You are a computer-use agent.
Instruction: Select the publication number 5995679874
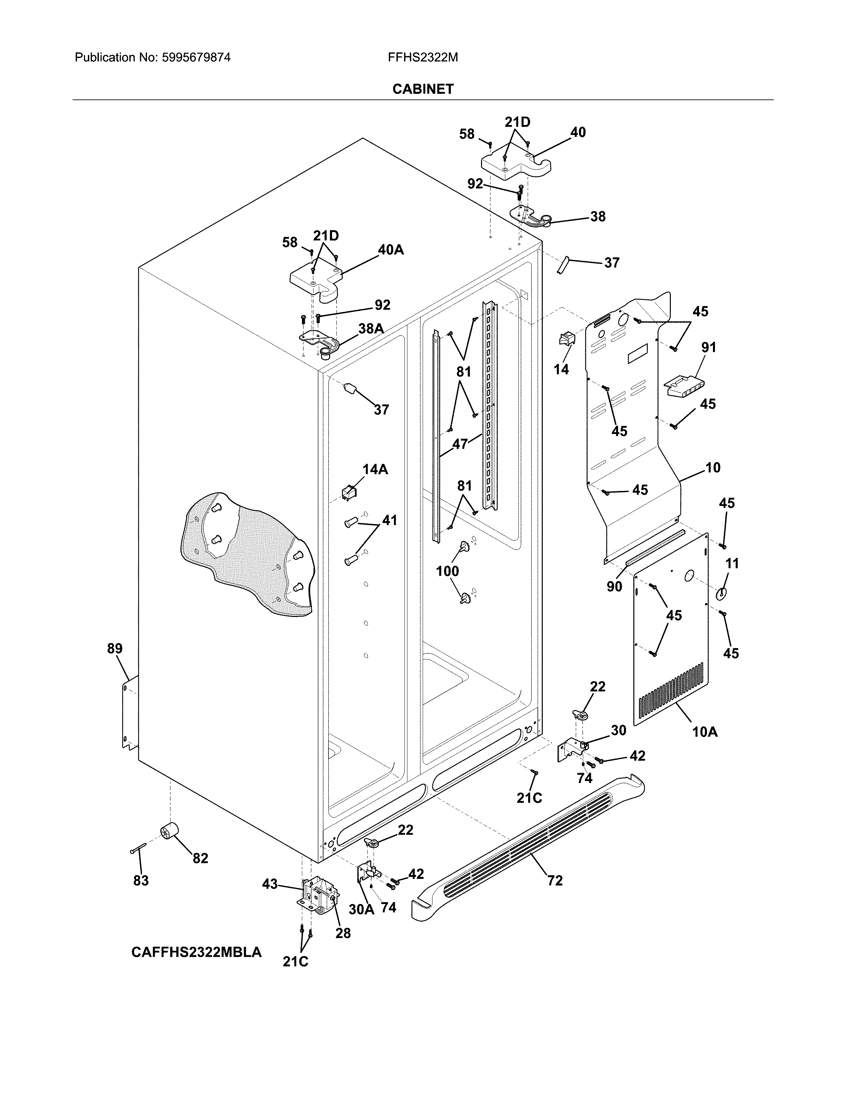(x=196, y=58)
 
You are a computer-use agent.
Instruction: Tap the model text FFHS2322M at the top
(x=422, y=58)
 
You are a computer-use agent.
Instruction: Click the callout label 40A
(x=390, y=250)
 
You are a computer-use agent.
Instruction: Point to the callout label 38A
(x=371, y=329)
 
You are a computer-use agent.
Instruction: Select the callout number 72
(x=555, y=880)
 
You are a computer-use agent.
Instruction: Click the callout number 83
(x=141, y=880)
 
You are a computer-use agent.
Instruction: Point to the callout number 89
(x=115, y=649)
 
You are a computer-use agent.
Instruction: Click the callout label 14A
(x=375, y=469)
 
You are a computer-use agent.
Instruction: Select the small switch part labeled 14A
(x=349, y=493)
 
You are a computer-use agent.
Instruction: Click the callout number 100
(x=447, y=571)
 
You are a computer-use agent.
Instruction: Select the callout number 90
(x=614, y=586)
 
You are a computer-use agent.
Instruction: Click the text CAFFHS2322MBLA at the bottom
(x=196, y=952)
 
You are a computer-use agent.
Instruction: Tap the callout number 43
(x=270, y=884)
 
